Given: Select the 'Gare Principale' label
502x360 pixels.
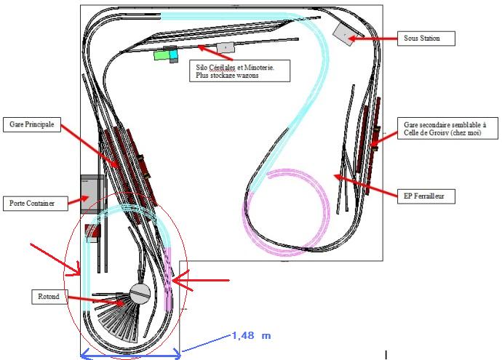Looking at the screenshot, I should click(x=32, y=124).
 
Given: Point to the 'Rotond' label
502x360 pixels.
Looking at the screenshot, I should click(x=49, y=297).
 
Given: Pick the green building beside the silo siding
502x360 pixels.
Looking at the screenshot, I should click(x=160, y=55).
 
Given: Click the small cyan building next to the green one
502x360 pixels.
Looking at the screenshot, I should click(x=174, y=53).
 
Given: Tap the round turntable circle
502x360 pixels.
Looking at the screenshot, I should click(x=140, y=293).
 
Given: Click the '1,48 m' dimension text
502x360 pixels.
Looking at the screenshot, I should click(x=251, y=335).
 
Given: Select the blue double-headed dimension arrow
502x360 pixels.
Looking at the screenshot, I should click(x=130, y=355).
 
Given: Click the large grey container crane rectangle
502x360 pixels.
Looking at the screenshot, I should click(x=91, y=193).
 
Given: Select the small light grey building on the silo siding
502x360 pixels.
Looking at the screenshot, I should click(x=226, y=47).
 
